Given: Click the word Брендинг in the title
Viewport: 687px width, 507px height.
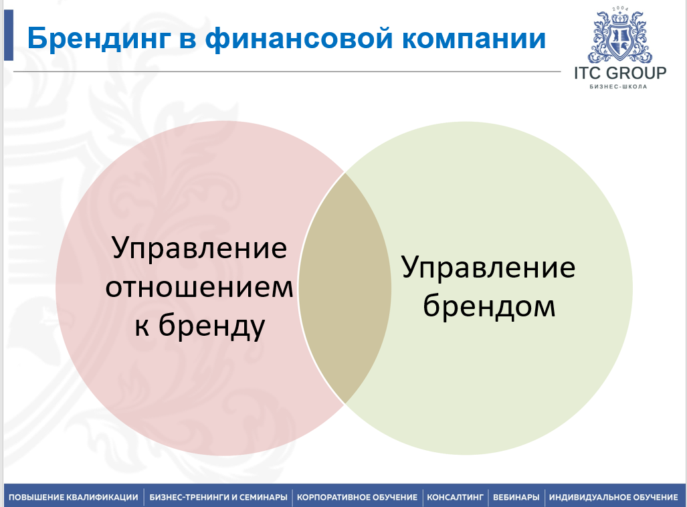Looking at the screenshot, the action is pos(98,39).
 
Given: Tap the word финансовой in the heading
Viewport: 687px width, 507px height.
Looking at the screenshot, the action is pos(299,39).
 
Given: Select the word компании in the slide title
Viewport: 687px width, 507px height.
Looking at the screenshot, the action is pos(474,39).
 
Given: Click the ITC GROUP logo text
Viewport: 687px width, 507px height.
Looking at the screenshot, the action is pos(620,73).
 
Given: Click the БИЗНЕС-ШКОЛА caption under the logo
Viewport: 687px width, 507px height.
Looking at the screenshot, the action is pos(618,86).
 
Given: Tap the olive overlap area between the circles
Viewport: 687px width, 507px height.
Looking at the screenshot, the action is pos(345,288).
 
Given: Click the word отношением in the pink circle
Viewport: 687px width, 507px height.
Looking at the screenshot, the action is pos(199,287).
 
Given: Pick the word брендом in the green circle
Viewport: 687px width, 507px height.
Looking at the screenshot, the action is pos(489,305).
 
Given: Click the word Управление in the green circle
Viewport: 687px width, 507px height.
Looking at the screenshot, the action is pos(488,268).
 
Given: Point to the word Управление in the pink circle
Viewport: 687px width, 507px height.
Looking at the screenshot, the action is pos(199,248).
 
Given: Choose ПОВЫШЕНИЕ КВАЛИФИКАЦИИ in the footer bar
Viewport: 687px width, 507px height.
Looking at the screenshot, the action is pos(73,498).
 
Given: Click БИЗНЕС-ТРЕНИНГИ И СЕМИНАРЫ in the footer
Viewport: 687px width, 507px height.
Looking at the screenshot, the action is pos(218,498).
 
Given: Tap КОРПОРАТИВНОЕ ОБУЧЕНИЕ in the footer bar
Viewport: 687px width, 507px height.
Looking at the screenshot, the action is pos(357,498).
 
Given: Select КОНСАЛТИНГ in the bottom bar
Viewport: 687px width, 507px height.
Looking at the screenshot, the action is pos(455,498).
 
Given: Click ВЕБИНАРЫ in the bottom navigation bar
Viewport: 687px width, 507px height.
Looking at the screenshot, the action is pos(516,498).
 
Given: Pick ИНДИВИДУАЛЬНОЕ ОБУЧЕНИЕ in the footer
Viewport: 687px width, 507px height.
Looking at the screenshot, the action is pos(613,498).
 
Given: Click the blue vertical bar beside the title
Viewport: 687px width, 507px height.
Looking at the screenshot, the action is pos(9,35).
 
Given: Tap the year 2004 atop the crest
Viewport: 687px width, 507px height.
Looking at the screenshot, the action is pos(620,9).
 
